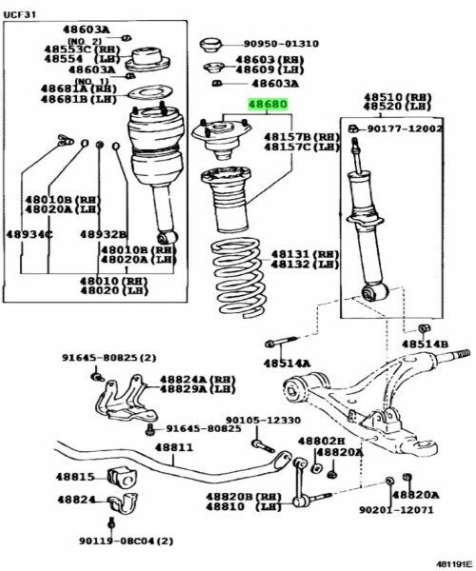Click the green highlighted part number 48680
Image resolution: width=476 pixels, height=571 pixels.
268,105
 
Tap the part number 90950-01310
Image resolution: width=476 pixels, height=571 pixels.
281,44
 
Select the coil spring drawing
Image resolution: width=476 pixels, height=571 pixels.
238,278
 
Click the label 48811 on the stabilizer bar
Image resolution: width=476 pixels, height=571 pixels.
174,447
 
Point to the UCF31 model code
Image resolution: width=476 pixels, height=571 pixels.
20,15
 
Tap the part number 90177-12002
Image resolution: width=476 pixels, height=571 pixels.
405,128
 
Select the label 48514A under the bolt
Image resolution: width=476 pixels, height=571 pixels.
288,364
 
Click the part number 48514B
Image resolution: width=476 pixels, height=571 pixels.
425,345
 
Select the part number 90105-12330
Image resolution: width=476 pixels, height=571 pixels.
264,421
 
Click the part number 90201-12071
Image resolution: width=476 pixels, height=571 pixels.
397,510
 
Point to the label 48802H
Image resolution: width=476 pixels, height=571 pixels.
321,441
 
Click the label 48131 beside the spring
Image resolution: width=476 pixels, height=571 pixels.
289,254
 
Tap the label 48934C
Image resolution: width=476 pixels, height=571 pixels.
30,234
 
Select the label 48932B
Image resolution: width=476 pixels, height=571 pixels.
104,234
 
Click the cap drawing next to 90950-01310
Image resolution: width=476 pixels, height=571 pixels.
210,45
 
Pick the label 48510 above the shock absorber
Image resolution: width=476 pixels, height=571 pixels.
383,97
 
